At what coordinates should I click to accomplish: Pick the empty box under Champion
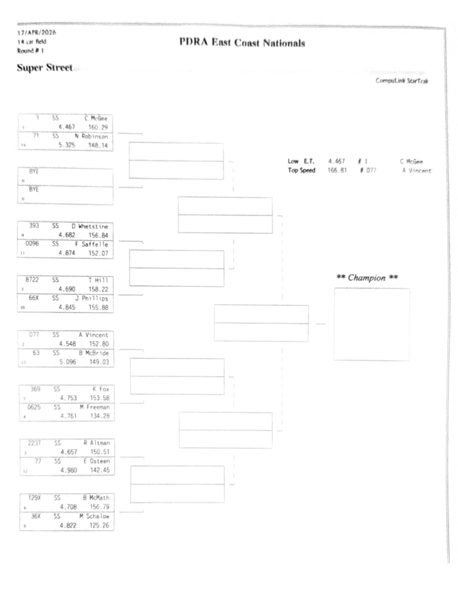(x=372, y=324)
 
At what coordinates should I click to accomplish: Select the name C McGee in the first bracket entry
(x=99, y=119)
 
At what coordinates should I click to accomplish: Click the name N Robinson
(x=93, y=137)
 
